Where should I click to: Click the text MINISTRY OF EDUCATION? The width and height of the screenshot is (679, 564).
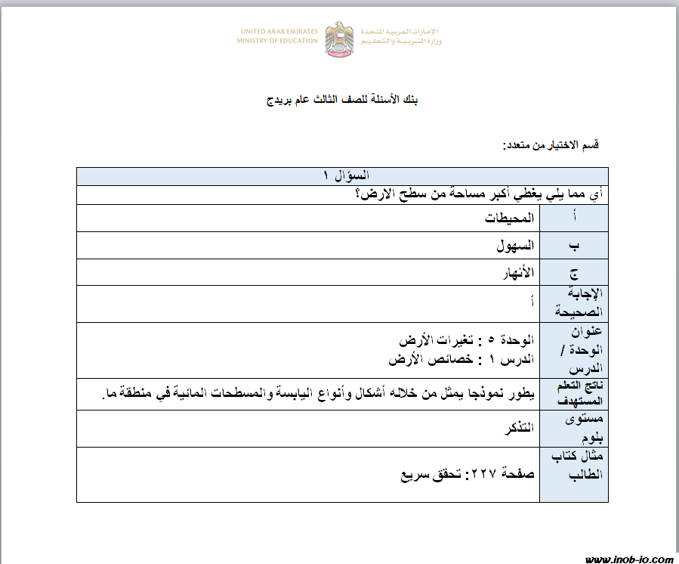[277, 41]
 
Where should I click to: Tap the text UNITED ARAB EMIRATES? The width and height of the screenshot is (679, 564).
[279, 32]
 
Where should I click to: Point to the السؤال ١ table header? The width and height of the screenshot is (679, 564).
[342, 176]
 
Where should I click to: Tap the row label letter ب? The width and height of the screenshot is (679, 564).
[575, 246]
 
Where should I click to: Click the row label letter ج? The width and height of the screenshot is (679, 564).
[575, 273]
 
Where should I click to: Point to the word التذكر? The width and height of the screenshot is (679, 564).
[515, 428]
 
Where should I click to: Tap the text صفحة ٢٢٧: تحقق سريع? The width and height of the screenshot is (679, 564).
[467, 474]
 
